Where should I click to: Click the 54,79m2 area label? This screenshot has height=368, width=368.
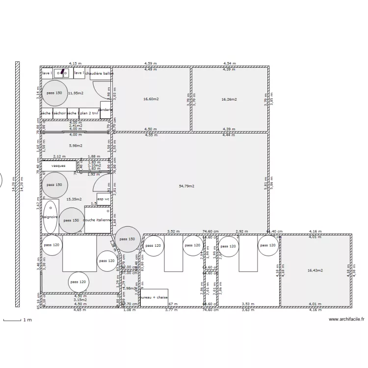pyautogui.click(x=186, y=186)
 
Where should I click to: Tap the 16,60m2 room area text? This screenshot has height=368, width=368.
pyautogui.click(x=151, y=99)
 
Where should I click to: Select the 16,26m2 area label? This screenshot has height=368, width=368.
pyautogui.click(x=229, y=99)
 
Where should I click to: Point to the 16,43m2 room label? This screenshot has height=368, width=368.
pyautogui.click(x=315, y=270)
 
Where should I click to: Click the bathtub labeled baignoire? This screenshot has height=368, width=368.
pyautogui.click(x=50, y=217)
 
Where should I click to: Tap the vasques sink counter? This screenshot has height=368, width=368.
pyautogui.click(x=58, y=166)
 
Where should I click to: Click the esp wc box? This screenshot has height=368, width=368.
pyautogui.click(x=103, y=199)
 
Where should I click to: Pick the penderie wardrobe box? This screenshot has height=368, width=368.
pyautogui.click(x=105, y=110)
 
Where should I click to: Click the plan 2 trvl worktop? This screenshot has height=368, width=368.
pyautogui.click(x=89, y=113)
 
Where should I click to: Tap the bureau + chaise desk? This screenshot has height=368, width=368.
pyautogui.click(x=154, y=298)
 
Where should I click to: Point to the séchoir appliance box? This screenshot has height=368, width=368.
pyautogui.click(x=59, y=113)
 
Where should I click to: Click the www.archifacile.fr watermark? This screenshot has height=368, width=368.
pyautogui.click(x=346, y=319)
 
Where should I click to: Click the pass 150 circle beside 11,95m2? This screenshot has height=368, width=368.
pyautogui.click(x=54, y=93)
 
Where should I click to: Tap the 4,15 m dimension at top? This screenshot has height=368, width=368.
pyautogui.click(x=75, y=63)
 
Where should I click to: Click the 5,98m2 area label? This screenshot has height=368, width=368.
pyautogui.click(x=75, y=145)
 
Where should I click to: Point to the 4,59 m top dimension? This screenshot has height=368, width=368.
pyautogui.click(x=150, y=63)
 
